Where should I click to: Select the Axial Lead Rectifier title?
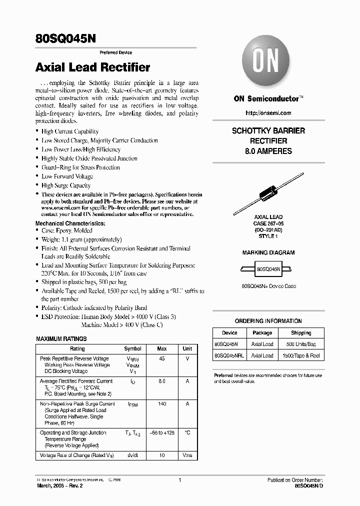pyautogui.click(x=92, y=67)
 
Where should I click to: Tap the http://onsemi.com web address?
pyautogui.click(x=268, y=113)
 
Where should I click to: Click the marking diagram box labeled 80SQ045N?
pyautogui.click(x=268, y=268)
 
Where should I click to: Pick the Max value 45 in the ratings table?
pyautogui.click(x=161, y=358)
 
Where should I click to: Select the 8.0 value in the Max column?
pyautogui.click(x=161, y=381)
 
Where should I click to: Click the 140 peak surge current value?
pyautogui.click(x=161, y=403)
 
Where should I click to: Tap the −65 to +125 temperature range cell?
pyautogui.click(x=161, y=432)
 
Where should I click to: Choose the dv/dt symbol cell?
pyautogui.click(x=132, y=455)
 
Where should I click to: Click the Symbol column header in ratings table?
pyautogui.click(x=132, y=348)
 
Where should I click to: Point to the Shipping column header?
pyautogui.click(x=301, y=332)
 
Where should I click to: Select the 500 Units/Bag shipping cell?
pyautogui.click(x=301, y=344)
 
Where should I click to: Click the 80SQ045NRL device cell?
pyautogui.click(x=229, y=355)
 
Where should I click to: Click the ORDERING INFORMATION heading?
pyautogui.click(x=268, y=321)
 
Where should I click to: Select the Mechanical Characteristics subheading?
pyautogui.click(x=70, y=223)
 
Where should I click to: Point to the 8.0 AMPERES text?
pyautogui.click(x=268, y=151)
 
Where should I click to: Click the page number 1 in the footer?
pyautogui.click(x=179, y=480)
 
